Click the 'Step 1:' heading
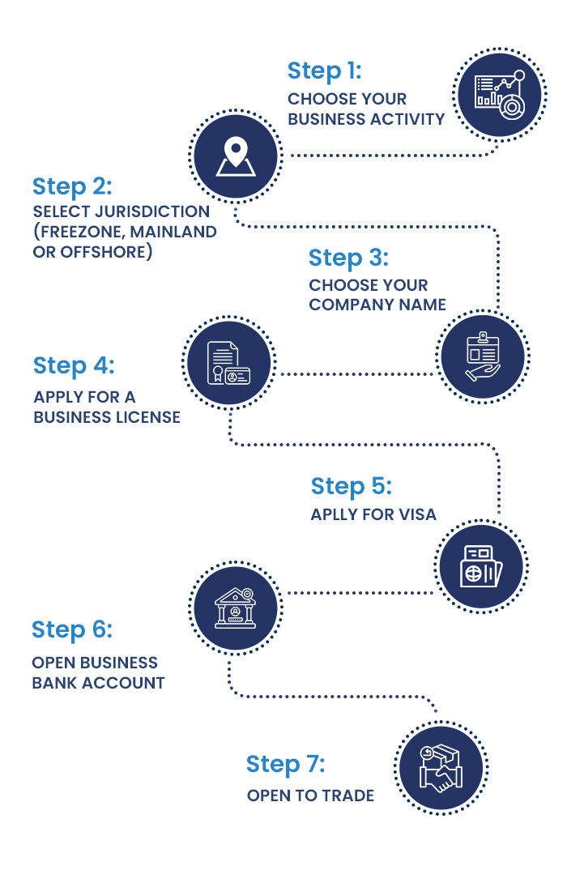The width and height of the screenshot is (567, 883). (x=324, y=71)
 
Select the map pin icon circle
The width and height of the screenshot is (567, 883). (x=235, y=156)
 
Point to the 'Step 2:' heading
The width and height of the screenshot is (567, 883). (x=72, y=186)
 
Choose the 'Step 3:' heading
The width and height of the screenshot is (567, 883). (x=348, y=258)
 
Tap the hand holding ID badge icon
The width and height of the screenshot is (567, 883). (x=483, y=356)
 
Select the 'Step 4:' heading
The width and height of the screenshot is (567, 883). (x=74, y=365)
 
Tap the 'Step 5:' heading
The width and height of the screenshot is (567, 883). (x=351, y=486)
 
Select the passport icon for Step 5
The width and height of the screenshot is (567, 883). (x=481, y=565)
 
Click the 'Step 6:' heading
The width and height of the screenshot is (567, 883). (x=72, y=629)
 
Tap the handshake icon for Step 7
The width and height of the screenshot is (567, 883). (x=440, y=768)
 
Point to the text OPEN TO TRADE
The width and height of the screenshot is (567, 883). (x=310, y=796)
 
